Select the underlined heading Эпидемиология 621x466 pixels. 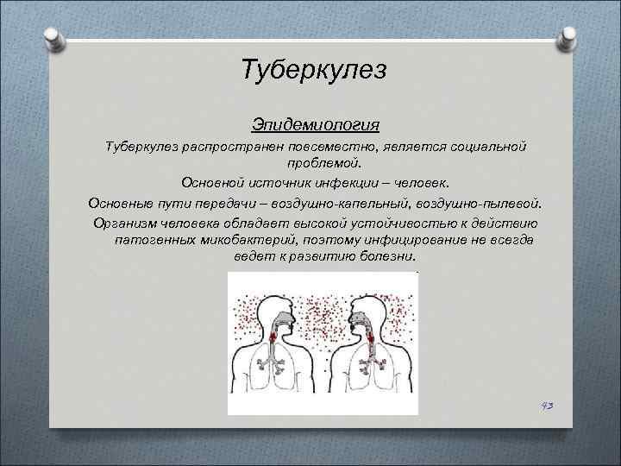point(310,126)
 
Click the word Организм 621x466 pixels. point(126,224)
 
